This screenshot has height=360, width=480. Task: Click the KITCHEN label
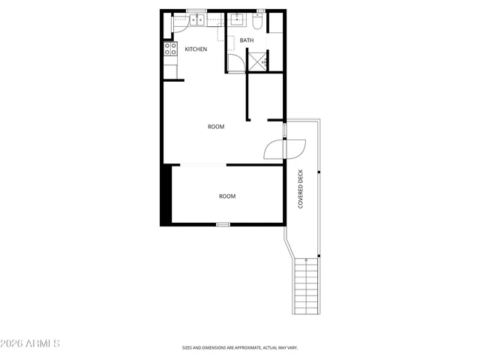[196, 49]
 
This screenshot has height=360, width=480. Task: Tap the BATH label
[247, 40]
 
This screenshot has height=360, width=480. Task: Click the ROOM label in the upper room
[216, 127]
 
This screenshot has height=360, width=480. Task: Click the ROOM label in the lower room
[227, 196]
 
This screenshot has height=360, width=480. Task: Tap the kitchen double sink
[196, 20]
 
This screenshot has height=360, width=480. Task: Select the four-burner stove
[169, 52]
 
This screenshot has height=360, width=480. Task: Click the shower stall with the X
[256, 61]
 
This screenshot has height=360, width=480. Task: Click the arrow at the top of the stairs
[307, 260]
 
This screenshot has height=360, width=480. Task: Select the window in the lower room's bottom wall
[223, 224]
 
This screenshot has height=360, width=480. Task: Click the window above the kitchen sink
[196, 12]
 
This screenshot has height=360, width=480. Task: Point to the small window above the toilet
[260, 11]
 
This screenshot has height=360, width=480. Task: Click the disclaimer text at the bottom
[240, 348]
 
